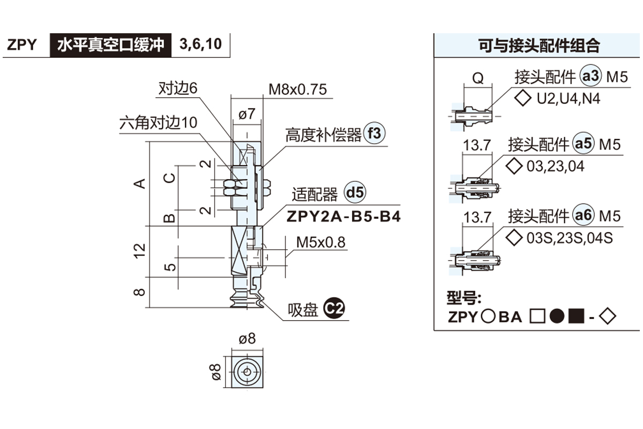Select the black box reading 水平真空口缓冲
click(x=110, y=45)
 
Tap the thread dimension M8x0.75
click(x=298, y=90)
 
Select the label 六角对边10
click(x=158, y=123)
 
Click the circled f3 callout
click(x=375, y=134)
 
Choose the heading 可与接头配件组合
click(x=539, y=46)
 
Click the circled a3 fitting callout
click(x=591, y=77)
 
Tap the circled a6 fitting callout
click(x=584, y=216)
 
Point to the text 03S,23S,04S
click(x=570, y=238)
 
